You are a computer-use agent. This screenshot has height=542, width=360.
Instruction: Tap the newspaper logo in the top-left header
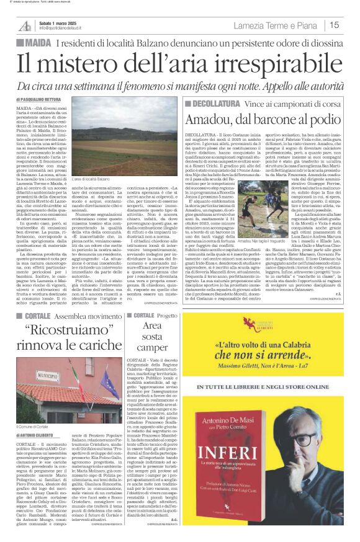coord(24,25)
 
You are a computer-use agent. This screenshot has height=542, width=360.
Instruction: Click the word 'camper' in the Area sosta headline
coord(151,348)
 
